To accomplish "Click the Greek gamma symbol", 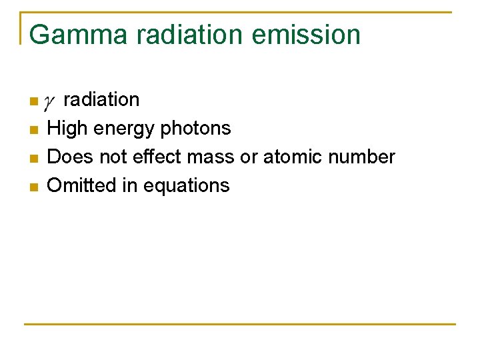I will click(49, 102).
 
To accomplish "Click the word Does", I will click(68, 157).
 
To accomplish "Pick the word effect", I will click(152, 157).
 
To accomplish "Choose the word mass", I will click(205, 157).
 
